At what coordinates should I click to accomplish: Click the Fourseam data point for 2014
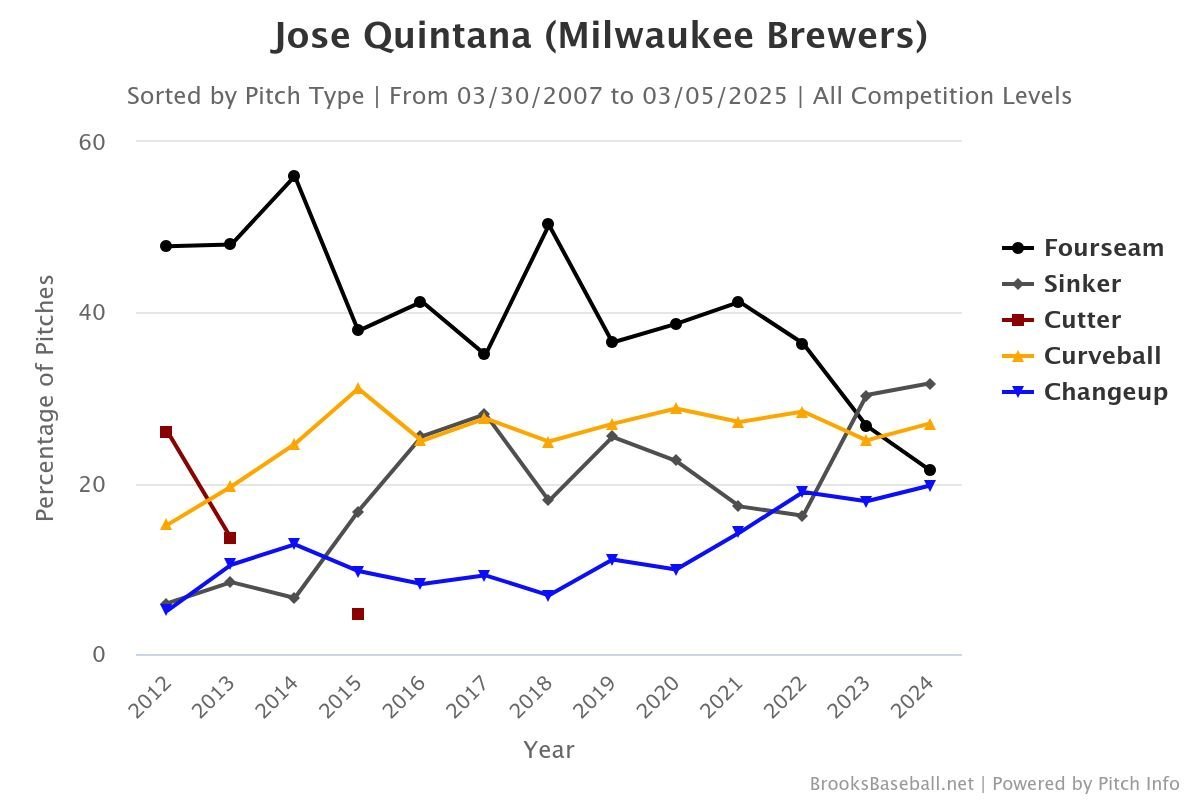[294, 176]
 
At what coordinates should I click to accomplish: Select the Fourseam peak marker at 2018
[548, 224]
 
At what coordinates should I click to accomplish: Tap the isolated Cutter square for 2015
[358, 614]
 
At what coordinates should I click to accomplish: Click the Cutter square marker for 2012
[166, 432]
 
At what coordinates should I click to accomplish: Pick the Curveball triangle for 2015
[358, 388]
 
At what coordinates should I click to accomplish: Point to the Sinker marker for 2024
[930, 384]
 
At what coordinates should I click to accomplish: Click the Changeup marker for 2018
[548, 596]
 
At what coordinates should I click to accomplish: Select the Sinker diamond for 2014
[294, 598]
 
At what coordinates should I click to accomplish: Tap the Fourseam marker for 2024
[930, 470]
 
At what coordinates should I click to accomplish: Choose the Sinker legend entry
[1081, 284]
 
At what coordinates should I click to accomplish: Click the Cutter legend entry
[1081, 320]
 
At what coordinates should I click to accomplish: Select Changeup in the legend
[1105, 392]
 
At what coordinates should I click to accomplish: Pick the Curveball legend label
[1102, 356]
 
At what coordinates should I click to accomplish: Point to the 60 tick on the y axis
[92, 142]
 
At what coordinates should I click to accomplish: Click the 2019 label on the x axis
[594, 697]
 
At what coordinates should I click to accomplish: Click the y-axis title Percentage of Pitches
[44, 398]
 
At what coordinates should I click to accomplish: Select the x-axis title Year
[548, 749]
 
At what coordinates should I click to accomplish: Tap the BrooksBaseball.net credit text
[891, 784]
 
